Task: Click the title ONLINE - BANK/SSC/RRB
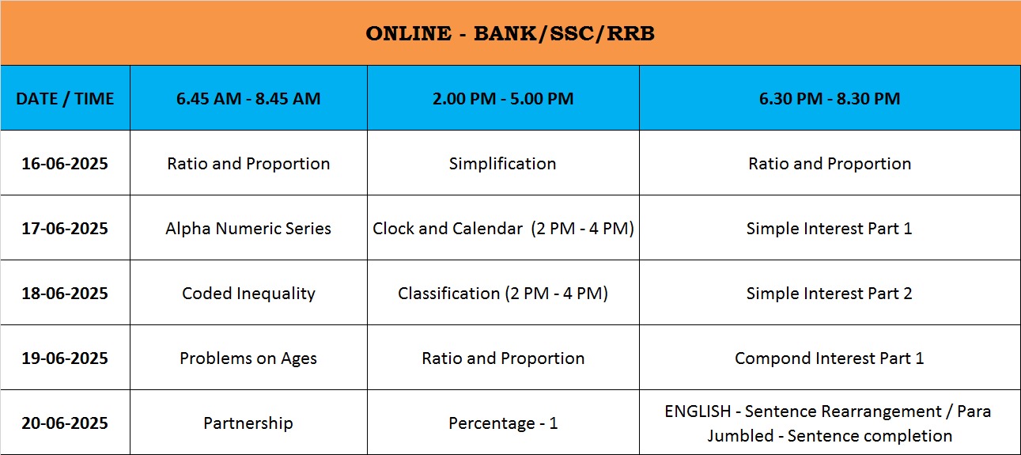pyautogui.click(x=510, y=33)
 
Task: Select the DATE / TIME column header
pyautogui.click(x=65, y=98)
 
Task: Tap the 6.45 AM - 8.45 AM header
pyautogui.click(x=248, y=98)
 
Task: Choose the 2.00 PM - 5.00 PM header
pyautogui.click(x=503, y=98)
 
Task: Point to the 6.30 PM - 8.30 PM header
pyautogui.click(x=830, y=98)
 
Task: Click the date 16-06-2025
pyautogui.click(x=65, y=163)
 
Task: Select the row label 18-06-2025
pyautogui.click(x=65, y=293)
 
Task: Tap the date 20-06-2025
pyautogui.click(x=65, y=423)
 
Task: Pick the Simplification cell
pyautogui.click(x=503, y=164)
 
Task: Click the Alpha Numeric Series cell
pyautogui.click(x=248, y=229)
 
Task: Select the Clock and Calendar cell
pyautogui.click(x=503, y=229)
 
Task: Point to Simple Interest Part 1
pyautogui.click(x=830, y=229)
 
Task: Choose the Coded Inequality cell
pyautogui.click(x=248, y=294)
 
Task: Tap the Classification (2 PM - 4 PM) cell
pyautogui.click(x=503, y=294)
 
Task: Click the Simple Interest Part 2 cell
pyautogui.click(x=830, y=293)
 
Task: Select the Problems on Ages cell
pyautogui.click(x=248, y=358)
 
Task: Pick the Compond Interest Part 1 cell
pyautogui.click(x=830, y=358)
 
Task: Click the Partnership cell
pyautogui.click(x=248, y=423)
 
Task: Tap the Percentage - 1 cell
pyautogui.click(x=503, y=423)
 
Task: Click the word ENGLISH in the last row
pyautogui.click(x=698, y=411)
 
